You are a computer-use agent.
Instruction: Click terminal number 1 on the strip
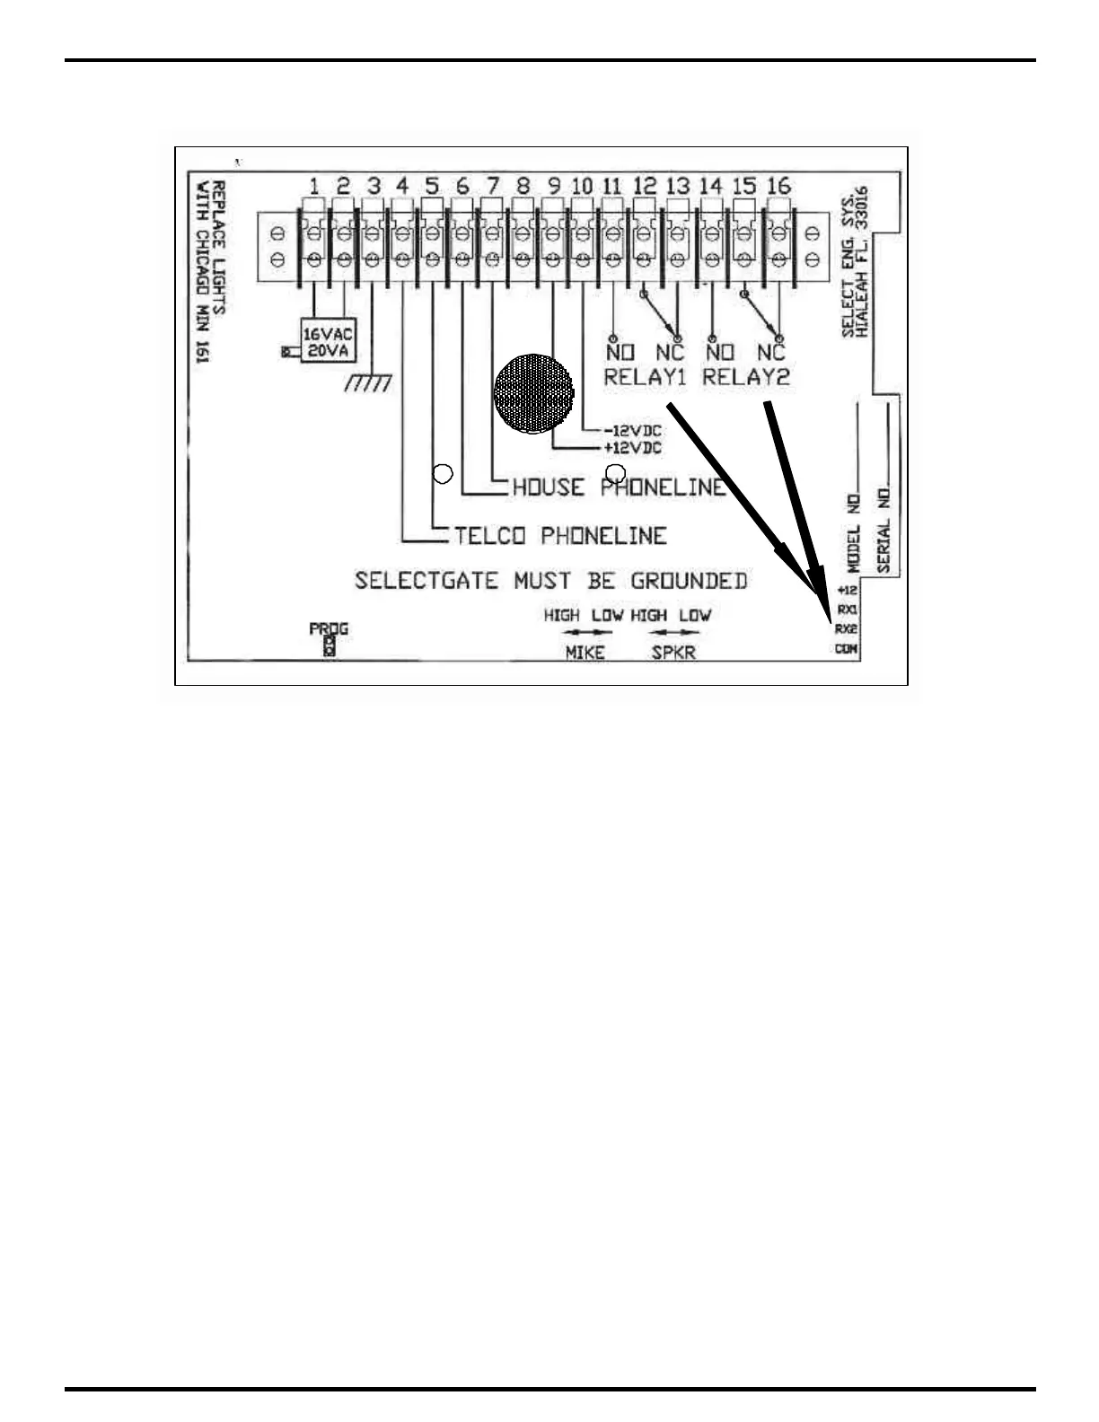coord(314,186)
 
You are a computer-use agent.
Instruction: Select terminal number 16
coord(778,186)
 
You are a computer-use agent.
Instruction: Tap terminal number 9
coord(554,186)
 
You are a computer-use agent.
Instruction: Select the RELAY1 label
coord(645,377)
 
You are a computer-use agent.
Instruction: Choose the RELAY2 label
coord(745,377)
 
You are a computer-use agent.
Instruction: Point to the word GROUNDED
coord(689,581)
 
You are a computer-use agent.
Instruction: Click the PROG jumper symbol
coord(329,645)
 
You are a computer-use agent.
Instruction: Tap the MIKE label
coord(585,653)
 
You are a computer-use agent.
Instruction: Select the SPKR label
coord(673,653)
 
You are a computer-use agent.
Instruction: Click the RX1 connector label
coord(847,610)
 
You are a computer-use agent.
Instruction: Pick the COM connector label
coord(847,648)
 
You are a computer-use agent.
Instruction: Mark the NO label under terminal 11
coord(620,353)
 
